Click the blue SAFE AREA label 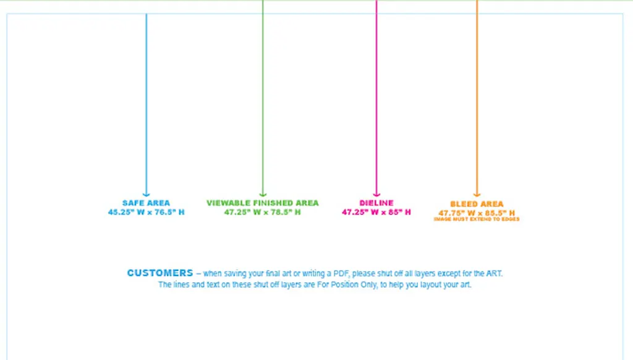[x=146, y=203]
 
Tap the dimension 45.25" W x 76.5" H [x=146, y=212]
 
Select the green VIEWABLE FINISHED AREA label [x=263, y=203]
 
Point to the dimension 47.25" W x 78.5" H [x=263, y=212]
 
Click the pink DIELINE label [x=376, y=203]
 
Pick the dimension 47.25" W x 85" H [x=376, y=212]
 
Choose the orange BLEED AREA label [x=477, y=204]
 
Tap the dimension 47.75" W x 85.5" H [x=477, y=213]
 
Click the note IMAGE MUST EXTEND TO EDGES [x=477, y=219]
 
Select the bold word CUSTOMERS [x=160, y=273]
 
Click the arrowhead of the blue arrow [x=147, y=194]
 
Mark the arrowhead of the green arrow [x=263, y=194]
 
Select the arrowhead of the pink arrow [x=376, y=194]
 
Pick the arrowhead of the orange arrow [x=477, y=194]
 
